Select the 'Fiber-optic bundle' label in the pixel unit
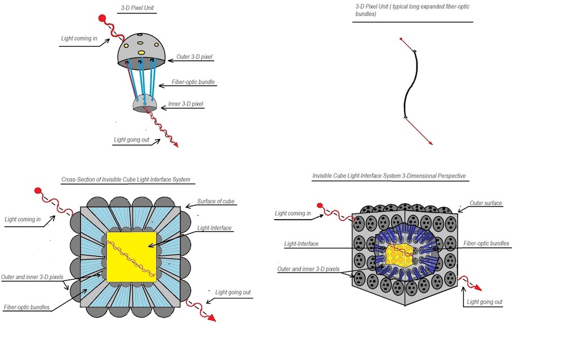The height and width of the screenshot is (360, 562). pos(194,83)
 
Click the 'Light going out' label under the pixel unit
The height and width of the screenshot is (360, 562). pos(132,140)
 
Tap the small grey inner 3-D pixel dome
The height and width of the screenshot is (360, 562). pos(144,102)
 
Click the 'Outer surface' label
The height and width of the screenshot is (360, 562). pos(486,203)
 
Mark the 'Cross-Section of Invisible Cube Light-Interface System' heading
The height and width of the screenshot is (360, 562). pos(125,180)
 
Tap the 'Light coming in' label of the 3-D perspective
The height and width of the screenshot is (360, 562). pos(292,213)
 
